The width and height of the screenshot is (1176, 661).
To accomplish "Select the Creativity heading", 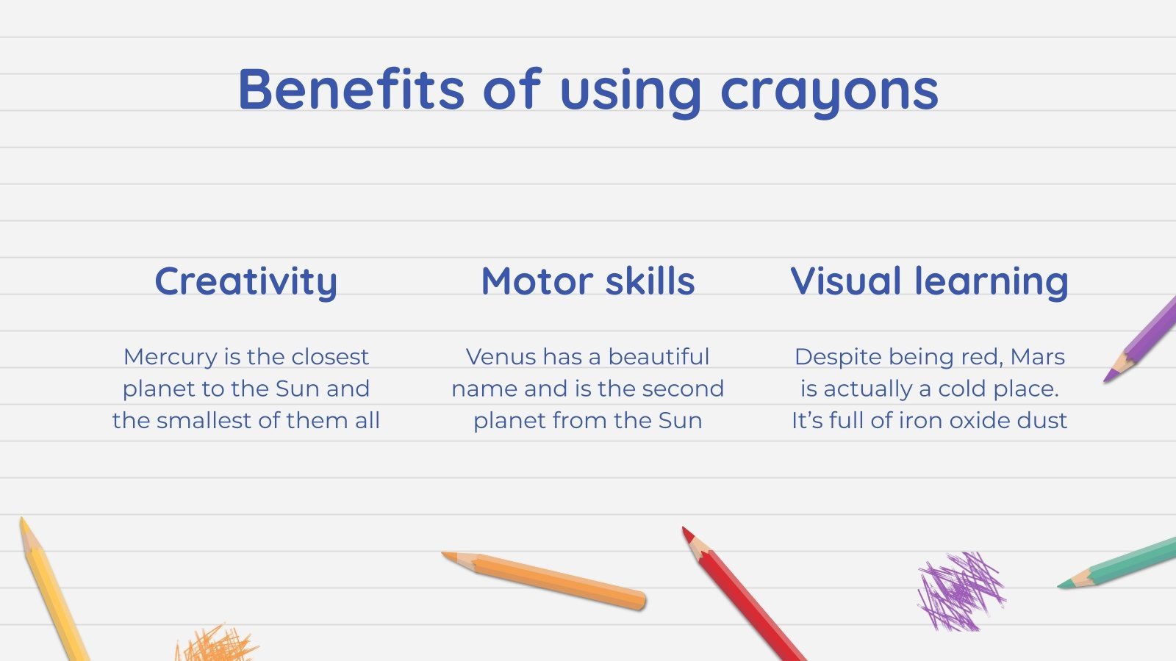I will (x=245, y=282).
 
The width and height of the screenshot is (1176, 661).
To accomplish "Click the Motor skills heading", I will (x=587, y=281).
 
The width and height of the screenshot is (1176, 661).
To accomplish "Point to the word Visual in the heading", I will (x=846, y=281).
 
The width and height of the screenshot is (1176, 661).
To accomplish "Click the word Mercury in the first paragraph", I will (x=171, y=358).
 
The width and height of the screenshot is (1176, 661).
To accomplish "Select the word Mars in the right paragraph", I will (x=1037, y=357).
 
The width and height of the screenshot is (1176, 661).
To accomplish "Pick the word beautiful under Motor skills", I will (x=659, y=357).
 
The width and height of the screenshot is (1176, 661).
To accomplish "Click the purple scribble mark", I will (x=959, y=592).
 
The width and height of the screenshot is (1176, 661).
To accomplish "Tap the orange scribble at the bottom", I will (x=217, y=645).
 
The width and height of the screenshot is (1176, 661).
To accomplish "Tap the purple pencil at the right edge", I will (x=1147, y=334).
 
